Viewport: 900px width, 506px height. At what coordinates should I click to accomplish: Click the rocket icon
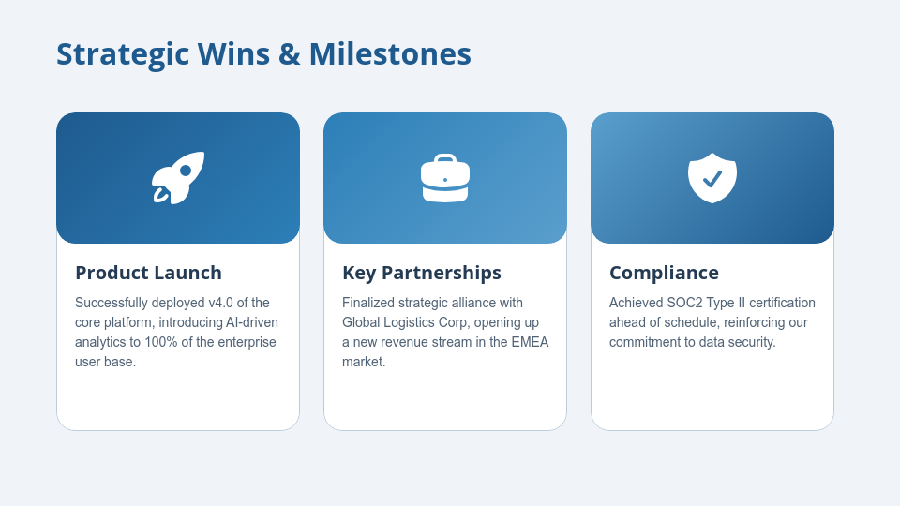tap(178, 177)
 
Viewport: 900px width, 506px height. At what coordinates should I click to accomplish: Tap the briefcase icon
tap(445, 178)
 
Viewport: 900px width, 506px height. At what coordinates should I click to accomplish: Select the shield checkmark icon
tap(712, 178)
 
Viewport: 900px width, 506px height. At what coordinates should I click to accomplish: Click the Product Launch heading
tap(148, 273)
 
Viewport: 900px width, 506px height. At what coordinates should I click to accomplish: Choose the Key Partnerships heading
tap(422, 273)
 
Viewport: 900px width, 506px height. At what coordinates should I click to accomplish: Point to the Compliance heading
tap(664, 273)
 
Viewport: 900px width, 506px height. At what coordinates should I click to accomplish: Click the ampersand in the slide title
tap(289, 54)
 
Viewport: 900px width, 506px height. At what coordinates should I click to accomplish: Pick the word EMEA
tap(530, 342)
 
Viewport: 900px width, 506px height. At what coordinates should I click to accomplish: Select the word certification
tap(780, 303)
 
